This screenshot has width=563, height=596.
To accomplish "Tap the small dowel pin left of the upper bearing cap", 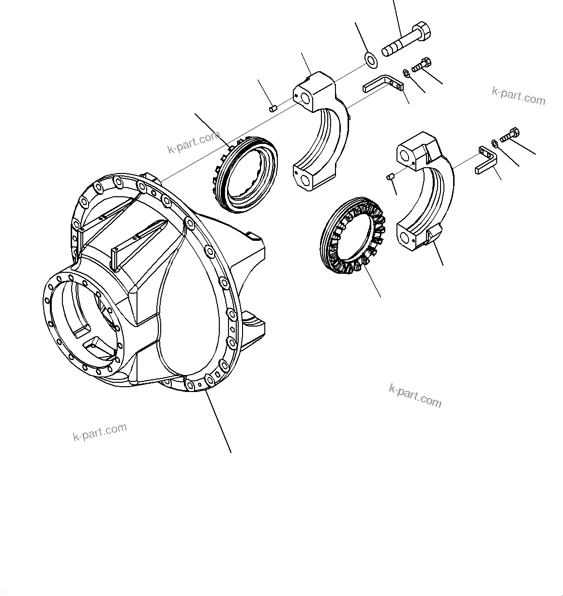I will tap(273, 108).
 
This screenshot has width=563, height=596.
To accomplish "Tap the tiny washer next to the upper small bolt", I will tap(406, 73).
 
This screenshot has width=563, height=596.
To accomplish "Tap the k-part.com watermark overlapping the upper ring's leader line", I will tap(194, 142).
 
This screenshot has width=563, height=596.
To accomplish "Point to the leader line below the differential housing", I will tap(218, 421).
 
